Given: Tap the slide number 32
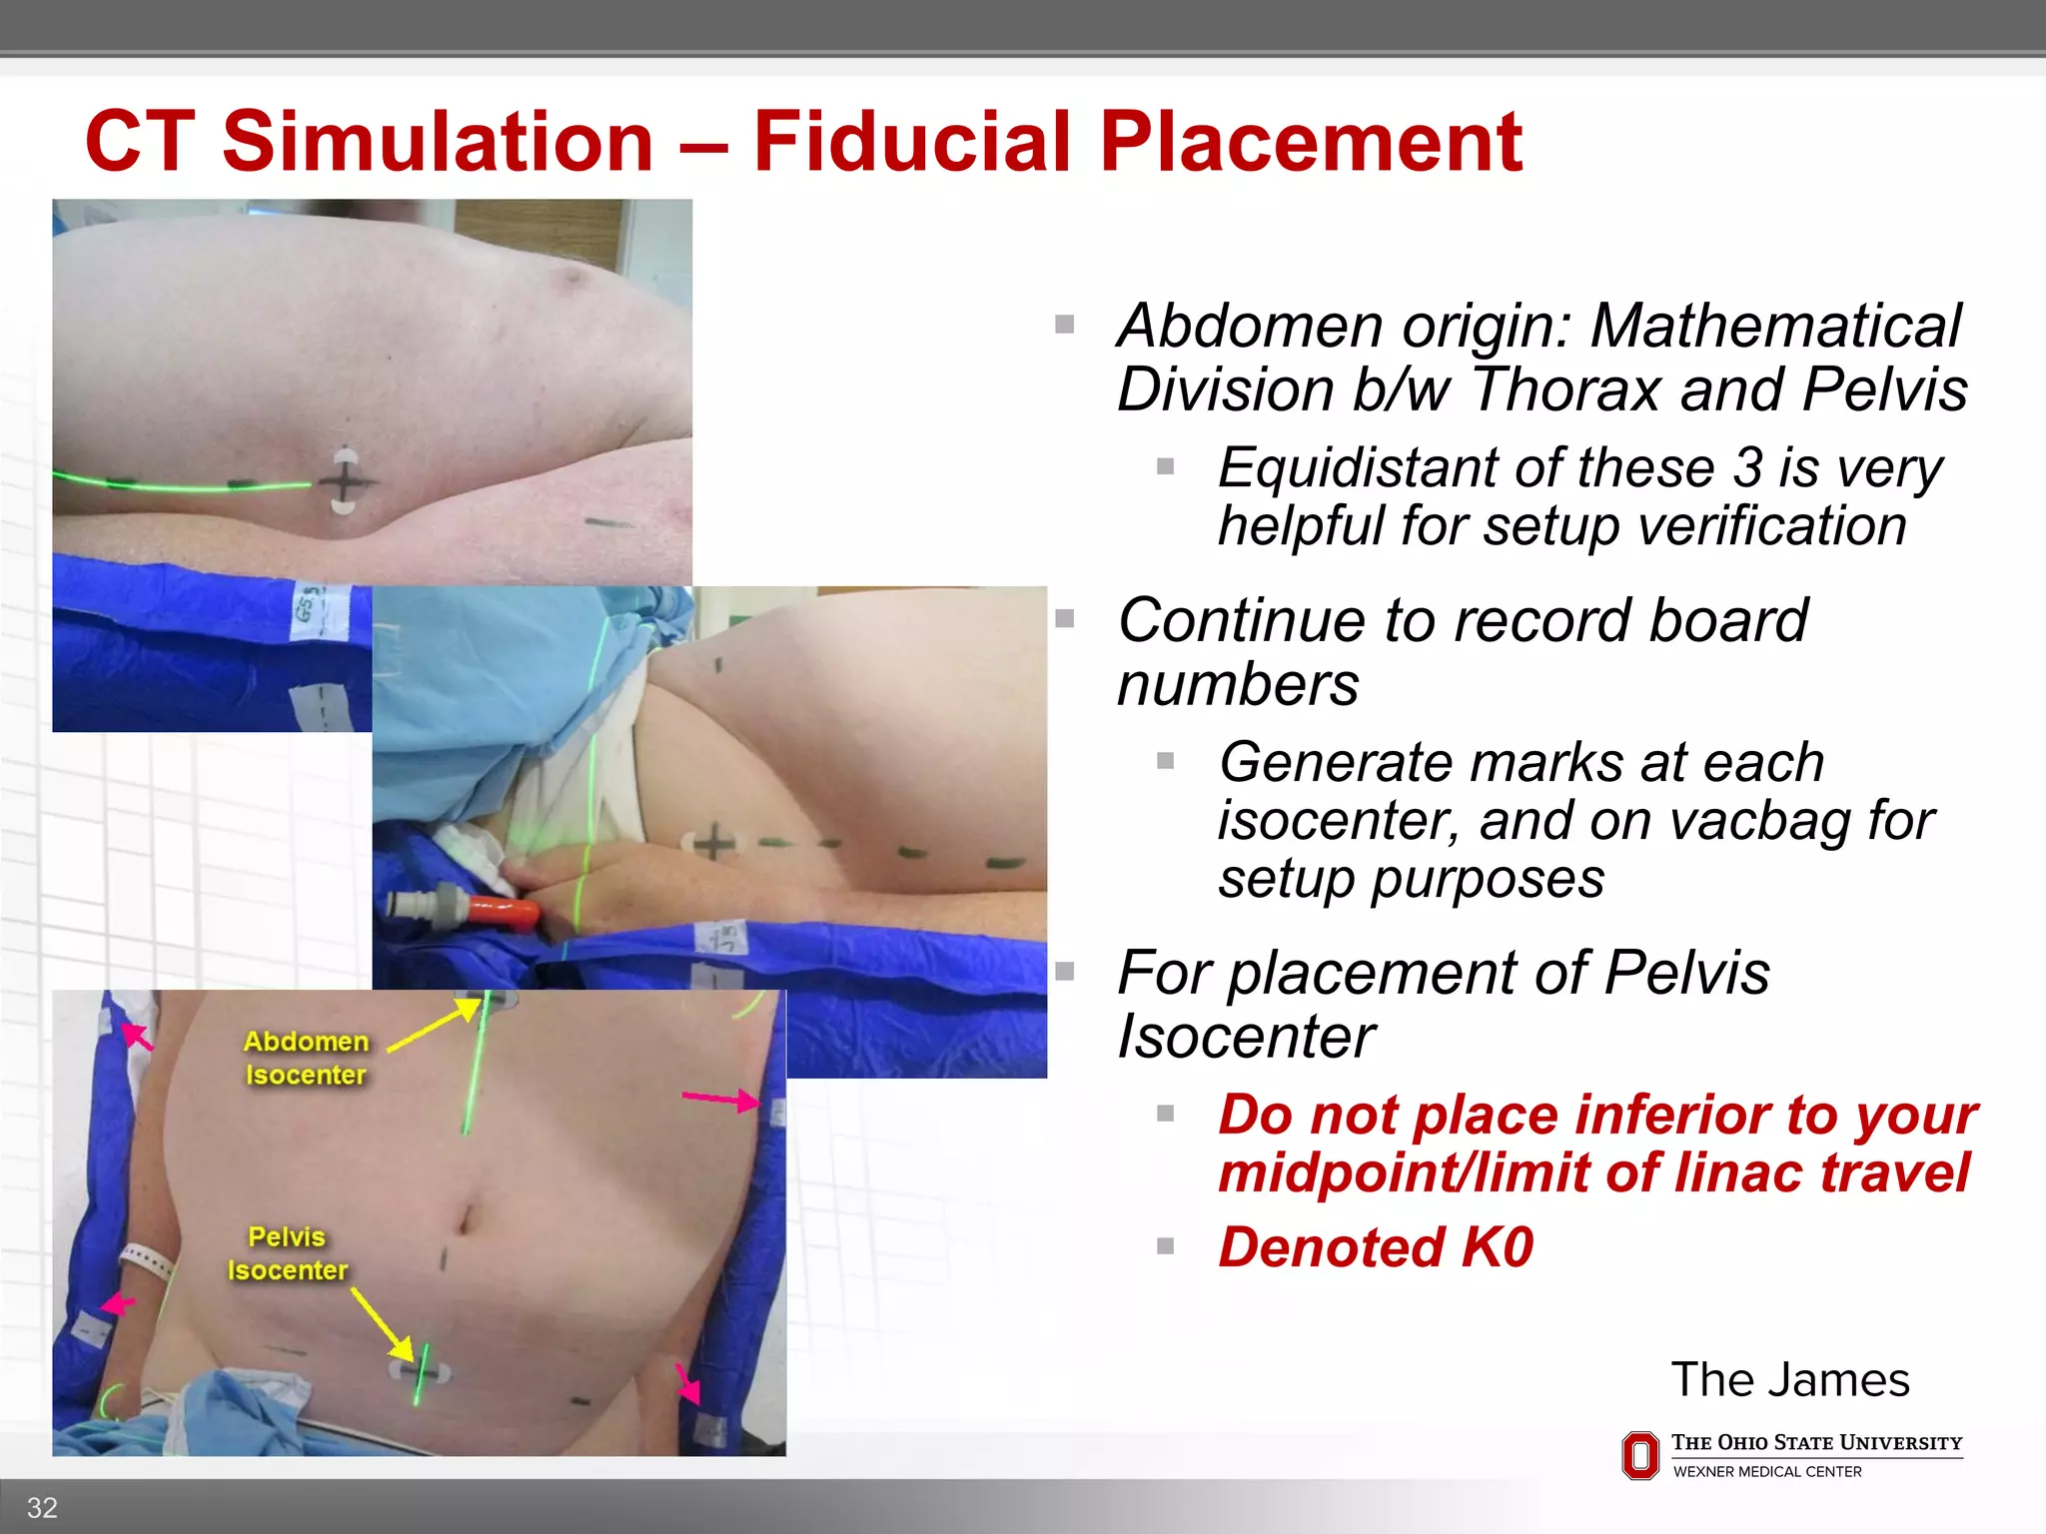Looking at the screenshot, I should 42,1507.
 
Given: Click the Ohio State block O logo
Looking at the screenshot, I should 1639,1455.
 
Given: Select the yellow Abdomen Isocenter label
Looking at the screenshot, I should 306,1058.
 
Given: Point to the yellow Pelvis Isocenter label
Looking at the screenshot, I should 288,1253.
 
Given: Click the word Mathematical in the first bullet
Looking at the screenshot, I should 1775,326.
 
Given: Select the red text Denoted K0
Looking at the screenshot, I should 1375,1247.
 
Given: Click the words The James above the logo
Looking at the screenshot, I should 1789,1379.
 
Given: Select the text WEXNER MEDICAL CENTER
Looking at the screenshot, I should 1766,1472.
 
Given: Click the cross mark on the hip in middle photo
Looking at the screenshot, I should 712,843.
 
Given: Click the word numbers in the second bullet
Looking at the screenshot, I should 1238,685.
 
